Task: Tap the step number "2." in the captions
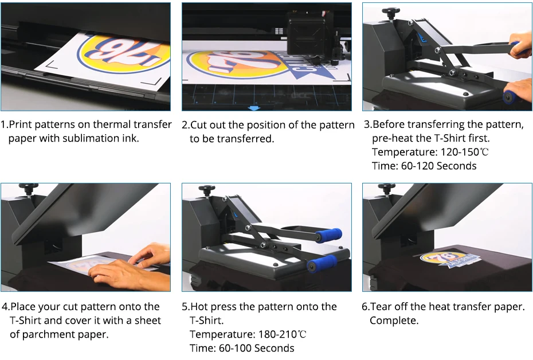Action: [x=186, y=125]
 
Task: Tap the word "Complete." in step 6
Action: [x=394, y=320]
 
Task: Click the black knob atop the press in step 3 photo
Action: [x=391, y=11]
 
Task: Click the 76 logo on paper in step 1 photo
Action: [x=129, y=55]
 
